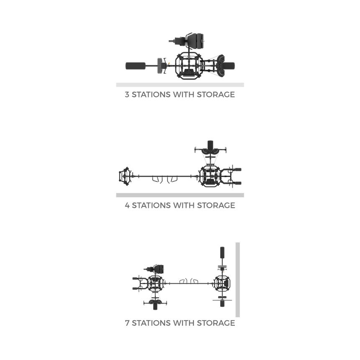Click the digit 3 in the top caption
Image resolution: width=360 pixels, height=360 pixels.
click(x=127, y=94)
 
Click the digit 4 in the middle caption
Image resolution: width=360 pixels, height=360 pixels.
click(x=127, y=205)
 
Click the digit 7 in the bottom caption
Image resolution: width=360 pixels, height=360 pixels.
click(x=127, y=323)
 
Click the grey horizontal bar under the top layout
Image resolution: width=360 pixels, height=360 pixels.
click(x=180, y=85)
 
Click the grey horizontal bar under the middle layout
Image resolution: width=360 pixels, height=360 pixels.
click(x=180, y=195)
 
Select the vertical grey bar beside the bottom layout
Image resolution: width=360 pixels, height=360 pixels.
click(x=238, y=280)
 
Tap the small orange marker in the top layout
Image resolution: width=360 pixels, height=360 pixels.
click(x=169, y=63)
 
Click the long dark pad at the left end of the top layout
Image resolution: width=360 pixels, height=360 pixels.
click(x=136, y=66)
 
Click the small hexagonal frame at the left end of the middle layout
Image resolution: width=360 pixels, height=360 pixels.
click(x=125, y=176)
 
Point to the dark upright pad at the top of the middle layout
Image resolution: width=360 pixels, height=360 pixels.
click(x=210, y=145)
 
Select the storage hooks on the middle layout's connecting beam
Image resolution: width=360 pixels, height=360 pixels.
click(x=165, y=179)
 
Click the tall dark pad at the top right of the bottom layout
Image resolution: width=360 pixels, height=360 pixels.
click(x=222, y=252)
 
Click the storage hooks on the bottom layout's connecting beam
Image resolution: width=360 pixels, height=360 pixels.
click(x=189, y=281)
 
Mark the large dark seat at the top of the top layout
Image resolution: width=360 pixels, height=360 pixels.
click(x=195, y=41)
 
